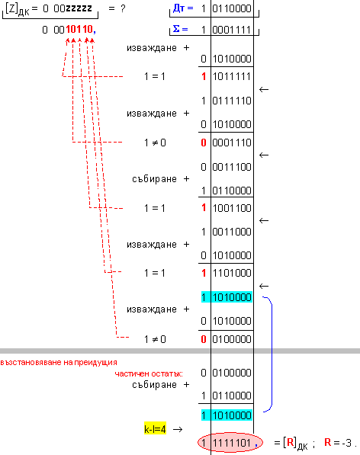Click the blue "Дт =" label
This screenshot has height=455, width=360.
point(183,8)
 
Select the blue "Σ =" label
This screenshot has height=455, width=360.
point(180,29)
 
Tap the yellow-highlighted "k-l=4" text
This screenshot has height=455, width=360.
point(155,429)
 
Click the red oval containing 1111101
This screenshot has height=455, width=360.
point(230,443)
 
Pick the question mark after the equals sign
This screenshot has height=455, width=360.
point(123,8)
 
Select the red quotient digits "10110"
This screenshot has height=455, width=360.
point(79,29)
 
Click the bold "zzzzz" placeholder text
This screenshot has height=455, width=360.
point(79,8)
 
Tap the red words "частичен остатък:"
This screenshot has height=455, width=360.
point(149,373)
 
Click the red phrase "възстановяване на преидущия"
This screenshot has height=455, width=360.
point(59,363)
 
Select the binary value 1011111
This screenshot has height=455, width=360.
point(232,77)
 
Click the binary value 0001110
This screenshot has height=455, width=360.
point(232,143)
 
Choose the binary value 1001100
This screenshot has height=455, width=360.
point(232,208)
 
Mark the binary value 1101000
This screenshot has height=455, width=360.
point(232,273)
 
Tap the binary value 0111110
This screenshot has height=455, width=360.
point(232,101)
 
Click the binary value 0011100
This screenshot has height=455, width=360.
point(232,167)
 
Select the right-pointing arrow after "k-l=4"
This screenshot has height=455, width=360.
point(178,429)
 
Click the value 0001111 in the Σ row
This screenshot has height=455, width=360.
point(232,30)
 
